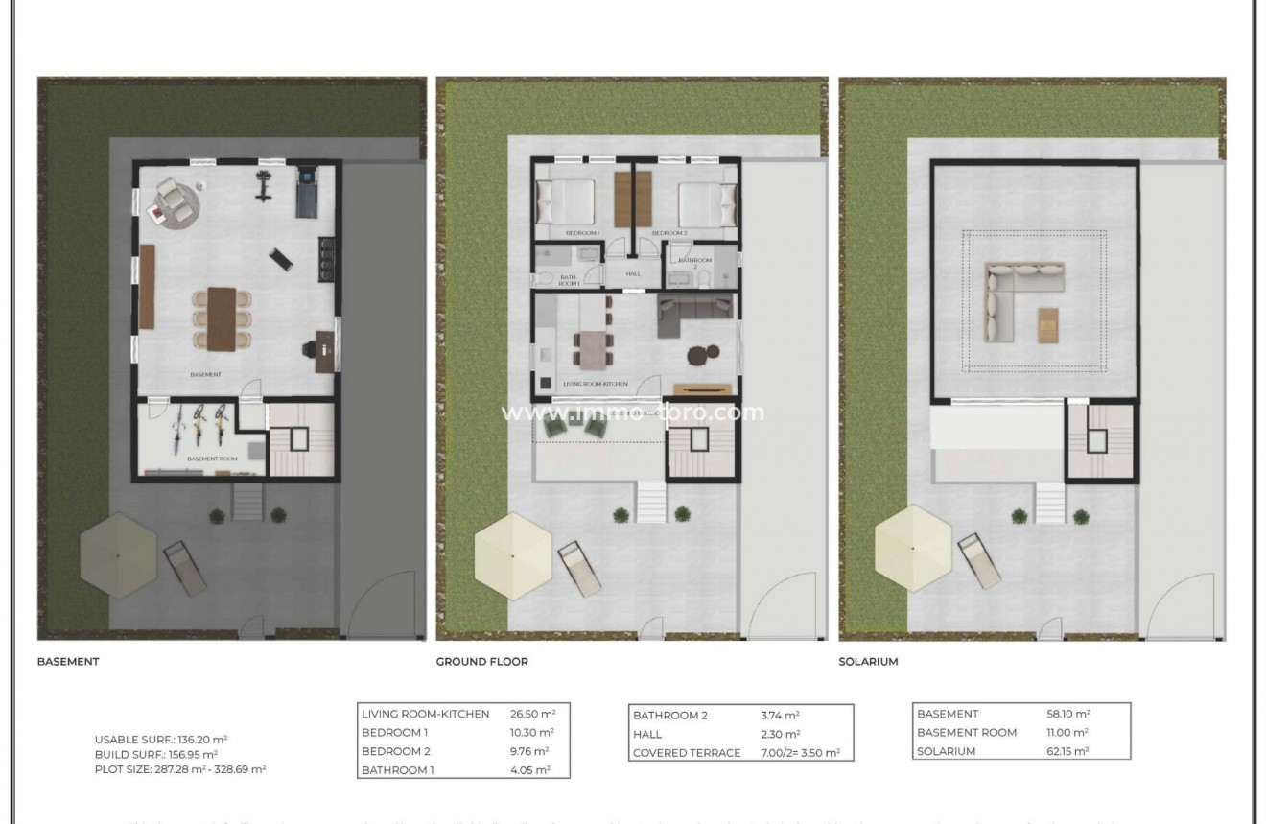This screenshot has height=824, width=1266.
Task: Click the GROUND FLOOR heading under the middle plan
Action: [x=481, y=661]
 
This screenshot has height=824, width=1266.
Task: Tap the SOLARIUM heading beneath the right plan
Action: [x=868, y=661]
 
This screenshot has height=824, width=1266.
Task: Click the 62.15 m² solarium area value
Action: [x=1068, y=751]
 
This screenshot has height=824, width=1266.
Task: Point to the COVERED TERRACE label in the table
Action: [x=686, y=753]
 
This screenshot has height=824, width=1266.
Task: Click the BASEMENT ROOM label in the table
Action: [x=967, y=733]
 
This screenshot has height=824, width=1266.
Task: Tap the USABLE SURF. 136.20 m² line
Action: [x=161, y=739]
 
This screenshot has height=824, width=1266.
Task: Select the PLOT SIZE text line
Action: [x=179, y=769]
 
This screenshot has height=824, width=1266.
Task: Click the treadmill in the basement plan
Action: [x=308, y=190]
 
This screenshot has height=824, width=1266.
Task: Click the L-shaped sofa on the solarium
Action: [x=1015, y=293]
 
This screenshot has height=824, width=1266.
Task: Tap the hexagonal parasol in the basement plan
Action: [x=118, y=555]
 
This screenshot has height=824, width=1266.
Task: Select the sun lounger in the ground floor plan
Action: [x=582, y=568]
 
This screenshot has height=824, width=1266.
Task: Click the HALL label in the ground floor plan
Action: [x=633, y=273]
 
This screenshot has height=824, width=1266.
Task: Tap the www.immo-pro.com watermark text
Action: [x=633, y=412]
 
